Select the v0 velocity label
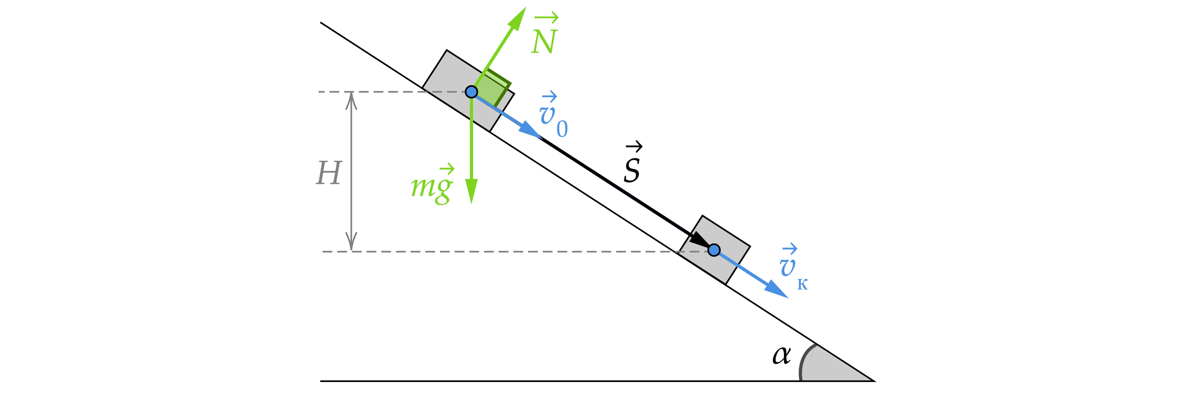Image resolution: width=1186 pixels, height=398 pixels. tap(553, 115)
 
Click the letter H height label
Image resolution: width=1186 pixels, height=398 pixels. tap(329, 173)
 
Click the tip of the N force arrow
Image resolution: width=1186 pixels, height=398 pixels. tap(525, 7)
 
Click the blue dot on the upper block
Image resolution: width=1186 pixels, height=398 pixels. tap(471, 92)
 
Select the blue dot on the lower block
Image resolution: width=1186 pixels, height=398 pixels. tap(714, 250)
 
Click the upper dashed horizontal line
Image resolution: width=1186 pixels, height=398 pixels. tap(378, 92)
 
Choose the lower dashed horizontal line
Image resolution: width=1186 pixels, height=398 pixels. tap(507, 252)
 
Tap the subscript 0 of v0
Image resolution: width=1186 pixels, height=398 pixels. tap(562, 129)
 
